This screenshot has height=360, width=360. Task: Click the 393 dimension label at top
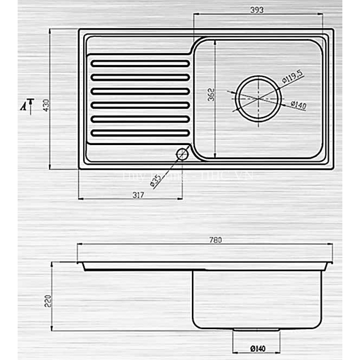pyautogui.click(x=258, y=10)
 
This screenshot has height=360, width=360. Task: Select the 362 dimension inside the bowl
pyautogui.click(x=211, y=94)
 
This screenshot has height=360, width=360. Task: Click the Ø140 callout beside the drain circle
pyautogui.click(x=298, y=105)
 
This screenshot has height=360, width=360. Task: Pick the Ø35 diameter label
pyautogui.click(x=156, y=180)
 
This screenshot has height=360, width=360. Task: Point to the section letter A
pyautogui.click(x=23, y=106)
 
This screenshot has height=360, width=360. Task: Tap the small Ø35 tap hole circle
pyautogui.click(x=182, y=154)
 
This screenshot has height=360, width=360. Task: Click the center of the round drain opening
pyautogui.click(x=258, y=98)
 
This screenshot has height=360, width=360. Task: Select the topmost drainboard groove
pyautogui.click(x=140, y=64)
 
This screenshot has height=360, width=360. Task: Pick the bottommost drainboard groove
pyautogui.click(x=140, y=133)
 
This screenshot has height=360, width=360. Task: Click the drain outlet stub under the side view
pyautogui.click(x=256, y=329)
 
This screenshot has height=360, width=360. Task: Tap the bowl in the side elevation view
pyautogui.click(x=257, y=299)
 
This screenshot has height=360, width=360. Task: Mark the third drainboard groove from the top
pyautogui.click(x=140, y=91)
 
